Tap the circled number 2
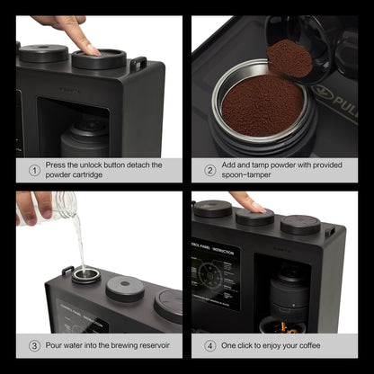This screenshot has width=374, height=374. [x=209, y=169]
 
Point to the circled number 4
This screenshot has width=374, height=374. [x=209, y=345]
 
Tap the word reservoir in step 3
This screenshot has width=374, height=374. [x=158, y=345]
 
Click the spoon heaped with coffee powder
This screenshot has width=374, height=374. [x=289, y=58]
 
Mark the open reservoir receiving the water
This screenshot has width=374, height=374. [x=86, y=274]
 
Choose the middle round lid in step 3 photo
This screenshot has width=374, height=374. [x=125, y=288]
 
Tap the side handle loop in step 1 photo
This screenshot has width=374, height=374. [x=138, y=64]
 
